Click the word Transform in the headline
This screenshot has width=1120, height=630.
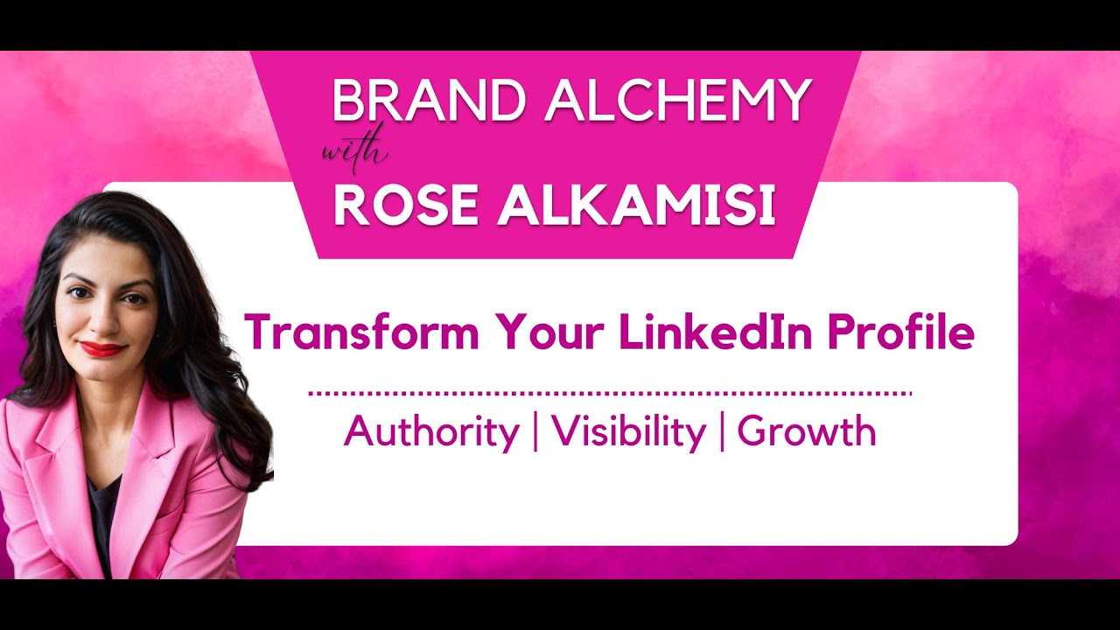tap(361, 332)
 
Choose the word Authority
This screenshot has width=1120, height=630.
tap(431, 432)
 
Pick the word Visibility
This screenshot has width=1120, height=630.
tap(628, 432)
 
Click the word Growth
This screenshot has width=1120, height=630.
tap(806, 432)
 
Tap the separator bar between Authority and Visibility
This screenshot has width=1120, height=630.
tap(535, 432)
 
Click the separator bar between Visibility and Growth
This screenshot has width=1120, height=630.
tap(722, 432)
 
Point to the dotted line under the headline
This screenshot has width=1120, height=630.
tap(610, 394)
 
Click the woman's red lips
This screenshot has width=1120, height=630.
tap(102, 349)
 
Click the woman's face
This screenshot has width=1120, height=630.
tap(103, 306)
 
